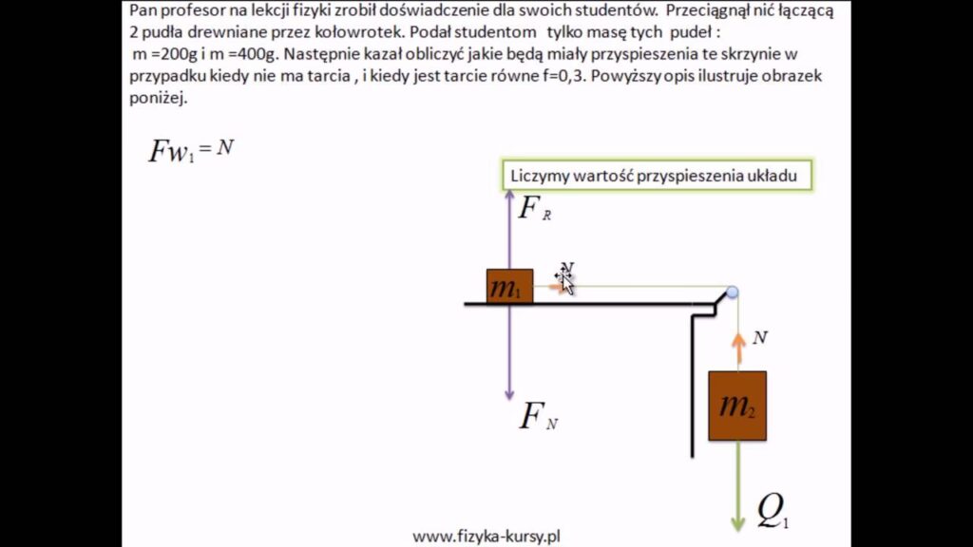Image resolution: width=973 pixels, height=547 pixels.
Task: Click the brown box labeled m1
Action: [x=509, y=286]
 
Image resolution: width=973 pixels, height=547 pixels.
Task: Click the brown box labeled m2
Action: [x=736, y=406]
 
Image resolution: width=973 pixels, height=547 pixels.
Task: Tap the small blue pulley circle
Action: [x=732, y=292]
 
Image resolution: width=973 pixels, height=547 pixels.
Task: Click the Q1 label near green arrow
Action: [x=773, y=513]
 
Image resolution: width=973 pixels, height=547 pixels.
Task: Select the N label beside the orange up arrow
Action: [x=760, y=337]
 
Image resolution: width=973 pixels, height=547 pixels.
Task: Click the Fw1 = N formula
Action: [x=191, y=150]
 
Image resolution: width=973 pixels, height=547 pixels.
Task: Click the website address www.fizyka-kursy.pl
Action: [x=486, y=537]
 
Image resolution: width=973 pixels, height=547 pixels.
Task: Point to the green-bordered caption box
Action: [x=658, y=176]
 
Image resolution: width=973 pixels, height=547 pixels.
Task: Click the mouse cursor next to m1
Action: [x=564, y=279]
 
